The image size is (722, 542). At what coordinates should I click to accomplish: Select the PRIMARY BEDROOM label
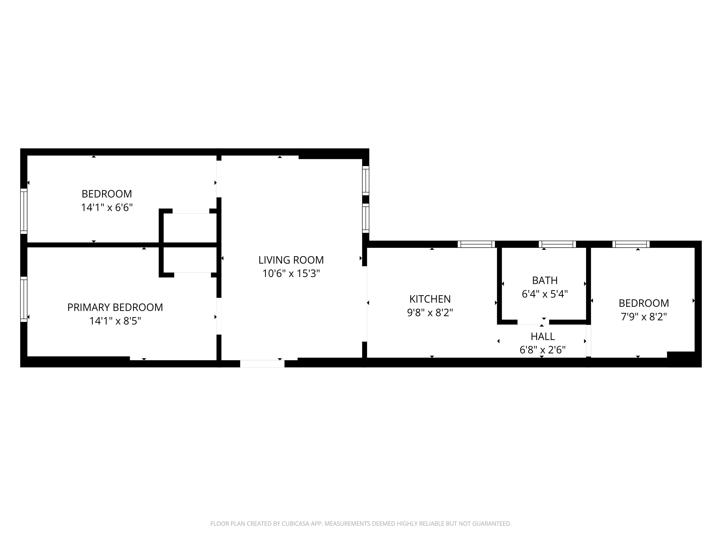pyautogui.click(x=115, y=307)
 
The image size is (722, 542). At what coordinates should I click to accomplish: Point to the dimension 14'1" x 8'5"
pyautogui.click(x=115, y=321)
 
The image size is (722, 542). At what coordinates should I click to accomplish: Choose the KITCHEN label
pyautogui.click(x=430, y=299)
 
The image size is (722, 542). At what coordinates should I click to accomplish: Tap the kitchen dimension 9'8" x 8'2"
pyautogui.click(x=430, y=313)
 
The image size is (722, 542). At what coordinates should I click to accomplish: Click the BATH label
pyautogui.click(x=545, y=280)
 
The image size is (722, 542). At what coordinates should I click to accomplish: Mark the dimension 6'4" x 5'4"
pyautogui.click(x=545, y=294)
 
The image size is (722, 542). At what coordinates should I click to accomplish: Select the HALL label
pyautogui.click(x=542, y=337)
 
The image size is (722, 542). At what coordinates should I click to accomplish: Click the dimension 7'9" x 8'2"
pyautogui.click(x=644, y=317)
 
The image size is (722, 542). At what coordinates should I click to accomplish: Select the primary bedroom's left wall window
pyautogui.click(x=23, y=299)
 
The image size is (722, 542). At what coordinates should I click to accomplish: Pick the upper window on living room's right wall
pyautogui.click(x=366, y=181)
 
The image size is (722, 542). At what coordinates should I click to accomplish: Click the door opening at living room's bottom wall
pyautogui.click(x=262, y=364)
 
